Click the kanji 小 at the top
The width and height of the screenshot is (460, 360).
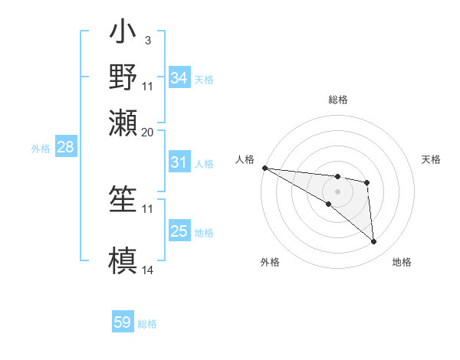click(x=123, y=35)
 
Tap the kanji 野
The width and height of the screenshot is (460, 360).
click(x=123, y=77)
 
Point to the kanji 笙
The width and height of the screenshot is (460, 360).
click(x=123, y=198)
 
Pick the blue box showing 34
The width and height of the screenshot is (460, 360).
click(x=179, y=78)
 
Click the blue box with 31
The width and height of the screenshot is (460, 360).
click(x=179, y=162)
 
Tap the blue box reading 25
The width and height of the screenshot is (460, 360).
click(x=179, y=231)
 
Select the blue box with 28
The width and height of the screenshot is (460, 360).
click(x=65, y=148)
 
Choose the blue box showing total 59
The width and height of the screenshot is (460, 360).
click(x=123, y=322)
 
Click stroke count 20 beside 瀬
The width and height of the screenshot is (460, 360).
click(x=148, y=132)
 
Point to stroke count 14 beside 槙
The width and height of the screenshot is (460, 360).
click(x=148, y=270)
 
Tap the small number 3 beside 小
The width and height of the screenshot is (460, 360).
click(x=147, y=39)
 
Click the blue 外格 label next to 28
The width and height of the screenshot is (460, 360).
click(x=40, y=149)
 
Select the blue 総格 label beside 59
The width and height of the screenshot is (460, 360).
click(x=147, y=324)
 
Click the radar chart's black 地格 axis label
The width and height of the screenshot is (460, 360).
click(x=402, y=263)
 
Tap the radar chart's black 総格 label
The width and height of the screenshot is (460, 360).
click(x=337, y=100)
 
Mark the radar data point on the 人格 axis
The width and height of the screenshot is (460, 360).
click(x=264, y=168)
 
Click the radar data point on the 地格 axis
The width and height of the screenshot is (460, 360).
click(x=373, y=242)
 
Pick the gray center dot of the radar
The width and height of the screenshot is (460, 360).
click(x=337, y=191)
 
